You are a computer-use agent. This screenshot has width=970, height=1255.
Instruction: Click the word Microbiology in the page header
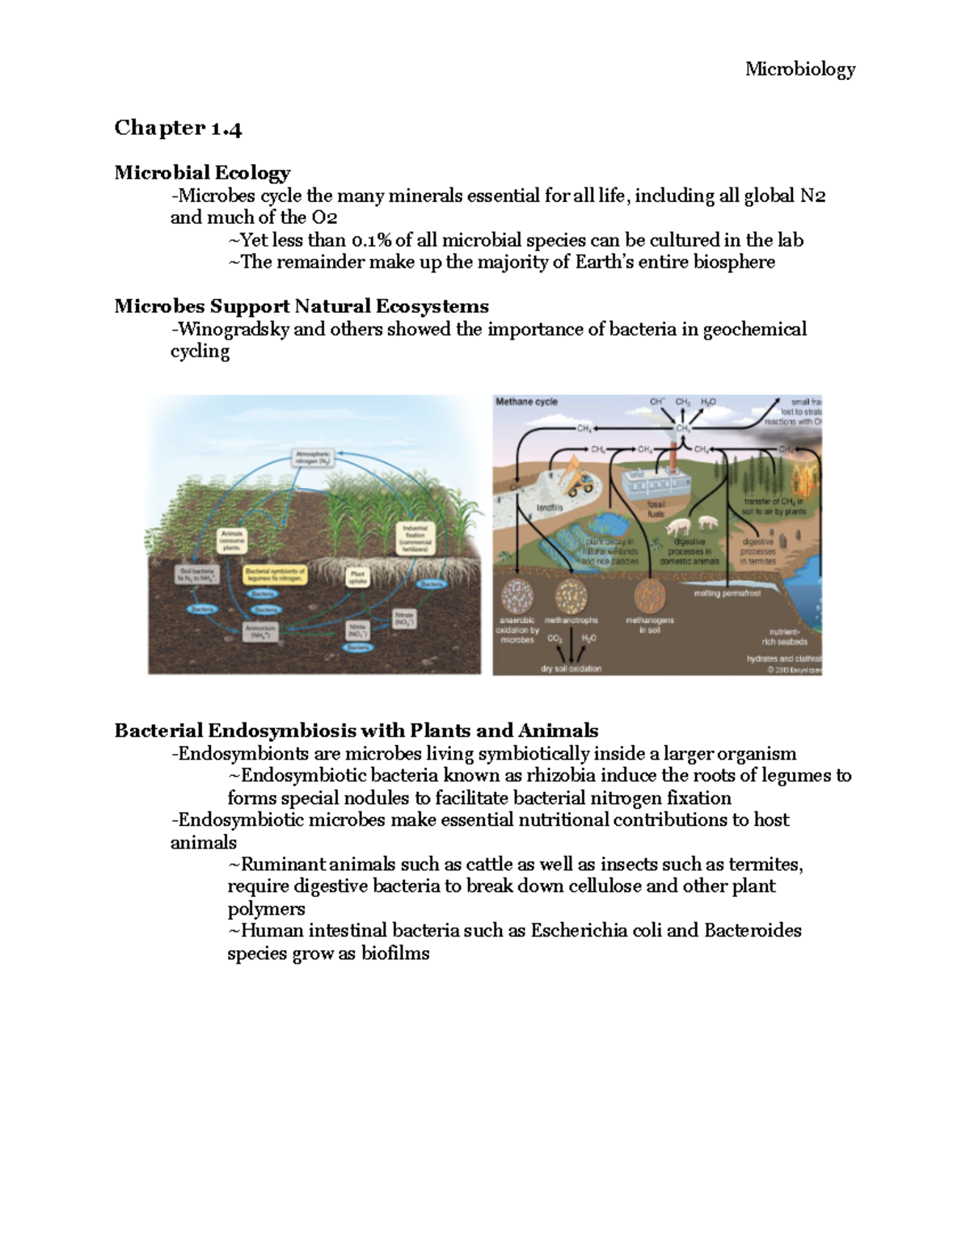coord(799,69)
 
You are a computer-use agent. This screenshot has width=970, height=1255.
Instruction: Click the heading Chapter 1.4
coord(178,128)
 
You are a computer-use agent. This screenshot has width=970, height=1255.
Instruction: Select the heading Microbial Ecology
coord(202,173)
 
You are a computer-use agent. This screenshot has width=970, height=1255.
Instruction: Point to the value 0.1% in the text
coord(371,240)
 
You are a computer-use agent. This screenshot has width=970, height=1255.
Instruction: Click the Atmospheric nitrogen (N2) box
coord(312,458)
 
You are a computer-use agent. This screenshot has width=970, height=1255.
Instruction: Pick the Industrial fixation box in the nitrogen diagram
coord(415,537)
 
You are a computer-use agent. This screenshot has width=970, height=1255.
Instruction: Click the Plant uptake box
coord(356,577)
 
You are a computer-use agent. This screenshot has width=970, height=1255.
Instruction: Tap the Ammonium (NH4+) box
coord(261,630)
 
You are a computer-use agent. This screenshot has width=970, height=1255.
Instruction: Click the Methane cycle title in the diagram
coord(526,402)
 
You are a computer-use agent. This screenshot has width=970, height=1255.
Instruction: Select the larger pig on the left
coord(677,527)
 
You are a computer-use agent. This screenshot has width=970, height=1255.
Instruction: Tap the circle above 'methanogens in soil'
coord(649,598)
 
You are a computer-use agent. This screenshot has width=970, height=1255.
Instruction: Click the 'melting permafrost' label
coord(727,593)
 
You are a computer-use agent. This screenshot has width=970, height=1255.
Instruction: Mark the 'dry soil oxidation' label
coord(571,668)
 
